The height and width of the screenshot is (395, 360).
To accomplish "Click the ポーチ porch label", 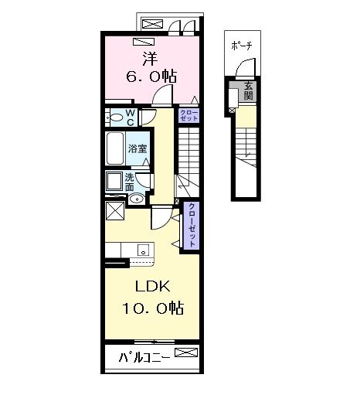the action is click(x=241, y=46).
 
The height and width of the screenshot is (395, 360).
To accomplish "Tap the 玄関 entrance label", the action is click(x=248, y=91).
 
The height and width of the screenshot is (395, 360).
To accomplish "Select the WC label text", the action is click(x=131, y=117).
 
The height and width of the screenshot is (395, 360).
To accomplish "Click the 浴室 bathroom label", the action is click(x=138, y=148).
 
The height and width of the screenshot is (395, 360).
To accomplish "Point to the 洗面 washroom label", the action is click(x=129, y=182).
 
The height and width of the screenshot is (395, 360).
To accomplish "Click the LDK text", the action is click(x=152, y=286).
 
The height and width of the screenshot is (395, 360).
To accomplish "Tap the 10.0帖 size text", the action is click(x=153, y=308).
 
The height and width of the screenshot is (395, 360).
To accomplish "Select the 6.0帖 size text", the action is click(x=151, y=76).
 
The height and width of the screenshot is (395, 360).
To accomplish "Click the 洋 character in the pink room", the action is click(x=151, y=59).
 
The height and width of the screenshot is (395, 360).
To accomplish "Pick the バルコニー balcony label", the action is click(x=144, y=357).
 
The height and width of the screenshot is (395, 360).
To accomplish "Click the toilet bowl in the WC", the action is click(x=116, y=118).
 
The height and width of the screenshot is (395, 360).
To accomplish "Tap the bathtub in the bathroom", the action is click(x=115, y=148).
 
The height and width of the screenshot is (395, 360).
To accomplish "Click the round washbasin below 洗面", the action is click(x=136, y=199).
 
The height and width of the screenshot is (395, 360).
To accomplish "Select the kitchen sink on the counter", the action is click(x=143, y=250).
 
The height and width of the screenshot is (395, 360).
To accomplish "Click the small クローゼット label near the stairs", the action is click(x=188, y=115).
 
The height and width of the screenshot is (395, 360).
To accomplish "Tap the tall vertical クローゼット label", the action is click(x=192, y=225).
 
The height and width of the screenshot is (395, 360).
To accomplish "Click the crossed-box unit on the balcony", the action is click(x=186, y=352).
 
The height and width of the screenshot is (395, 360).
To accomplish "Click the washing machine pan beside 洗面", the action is click(x=114, y=182).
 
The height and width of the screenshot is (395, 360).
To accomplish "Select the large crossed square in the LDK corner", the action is click(x=115, y=211).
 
